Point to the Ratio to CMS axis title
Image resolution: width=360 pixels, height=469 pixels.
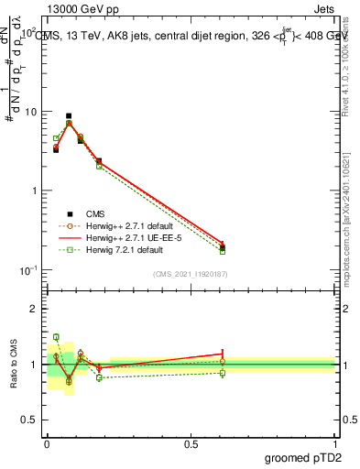click(14, 363)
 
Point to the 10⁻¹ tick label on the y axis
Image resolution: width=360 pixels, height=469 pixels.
click(27, 269)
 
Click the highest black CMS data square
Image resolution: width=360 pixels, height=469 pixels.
click(69, 116)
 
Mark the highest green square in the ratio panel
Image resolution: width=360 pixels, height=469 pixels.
click(56, 337)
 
